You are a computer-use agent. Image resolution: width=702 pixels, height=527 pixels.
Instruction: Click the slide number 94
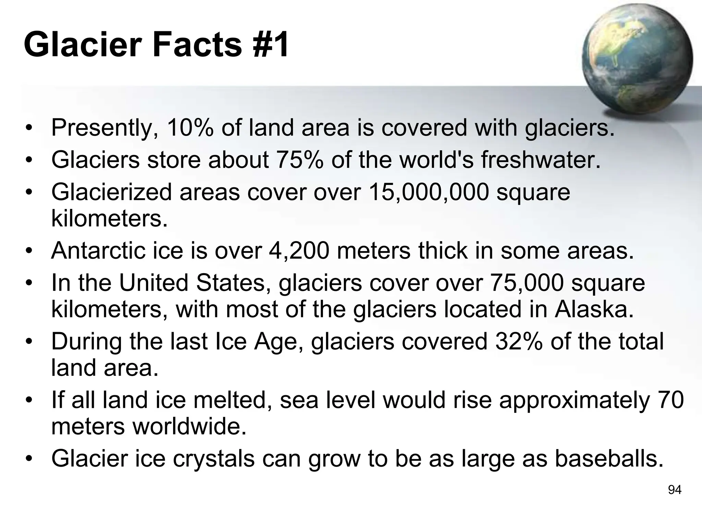675,490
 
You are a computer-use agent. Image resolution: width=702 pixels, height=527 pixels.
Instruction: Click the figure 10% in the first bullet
190,128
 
